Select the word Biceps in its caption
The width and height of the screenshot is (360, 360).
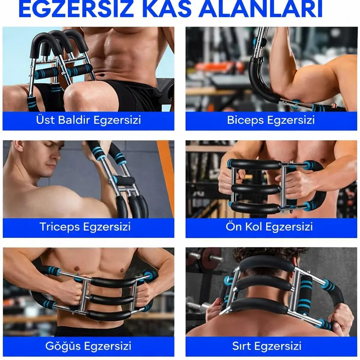coord(244,120)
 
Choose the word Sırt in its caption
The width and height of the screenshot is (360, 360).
coord(241,346)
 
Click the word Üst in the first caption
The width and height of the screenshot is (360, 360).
coord(44,120)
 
